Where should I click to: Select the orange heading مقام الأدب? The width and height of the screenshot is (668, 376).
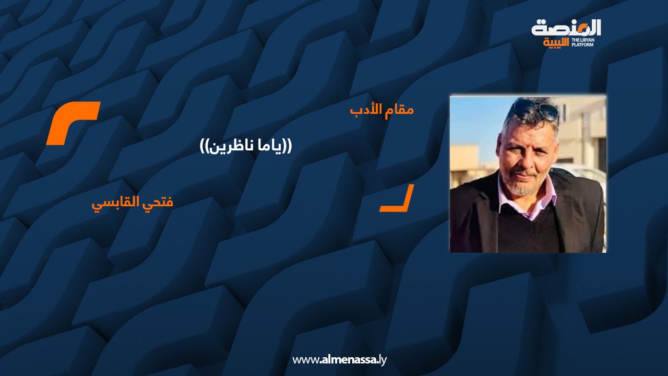click(381, 110)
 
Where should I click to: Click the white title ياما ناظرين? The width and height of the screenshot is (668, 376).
click(246, 147)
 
